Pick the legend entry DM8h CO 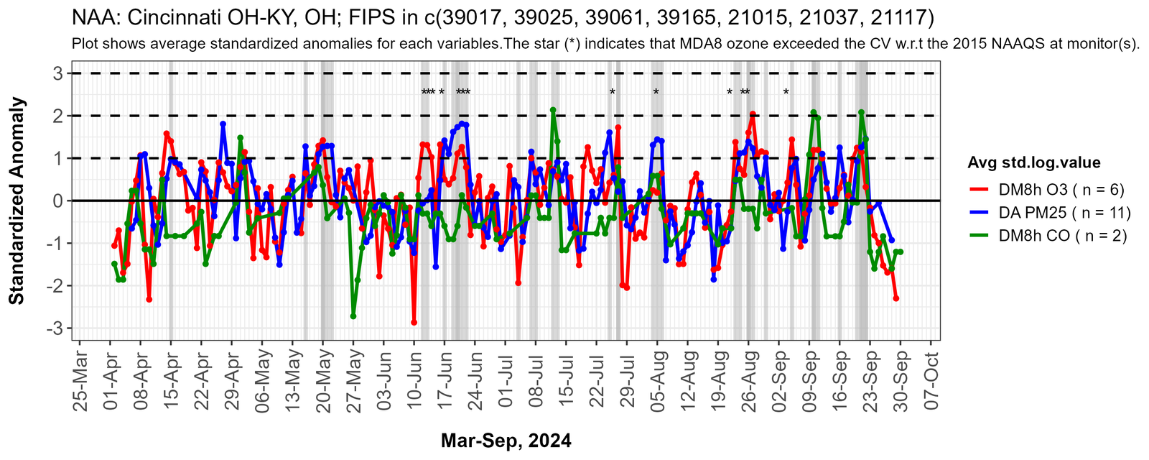[1062, 236]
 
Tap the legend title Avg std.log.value [1034, 162]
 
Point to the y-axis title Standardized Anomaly [17, 201]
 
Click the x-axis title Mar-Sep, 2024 [506, 441]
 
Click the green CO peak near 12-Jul [553, 110]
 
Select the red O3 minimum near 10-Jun [414, 322]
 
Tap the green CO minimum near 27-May [353, 316]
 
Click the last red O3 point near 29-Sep [896, 298]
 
